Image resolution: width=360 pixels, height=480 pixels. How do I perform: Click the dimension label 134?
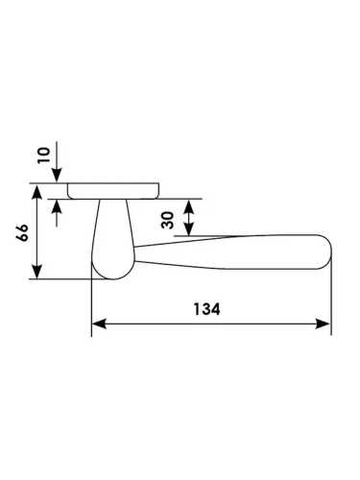[x=206, y=309]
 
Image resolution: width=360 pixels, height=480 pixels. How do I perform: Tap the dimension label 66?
[x=23, y=232]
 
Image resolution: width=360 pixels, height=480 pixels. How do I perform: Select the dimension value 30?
[x=168, y=220]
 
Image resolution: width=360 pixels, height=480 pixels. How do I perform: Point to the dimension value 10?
[x=44, y=156]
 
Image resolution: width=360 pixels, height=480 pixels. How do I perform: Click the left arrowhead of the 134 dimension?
[x=99, y=324]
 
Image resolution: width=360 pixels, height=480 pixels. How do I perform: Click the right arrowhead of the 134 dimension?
[x=323, y=324]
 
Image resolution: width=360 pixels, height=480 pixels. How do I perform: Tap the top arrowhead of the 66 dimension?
[x=37, y=191]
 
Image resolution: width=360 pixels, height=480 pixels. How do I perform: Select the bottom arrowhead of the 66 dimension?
[x=37, y=272]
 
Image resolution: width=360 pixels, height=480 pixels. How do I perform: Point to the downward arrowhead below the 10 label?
[x=57, y=176]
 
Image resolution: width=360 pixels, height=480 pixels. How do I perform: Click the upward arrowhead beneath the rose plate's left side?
[x=57, y=206]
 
